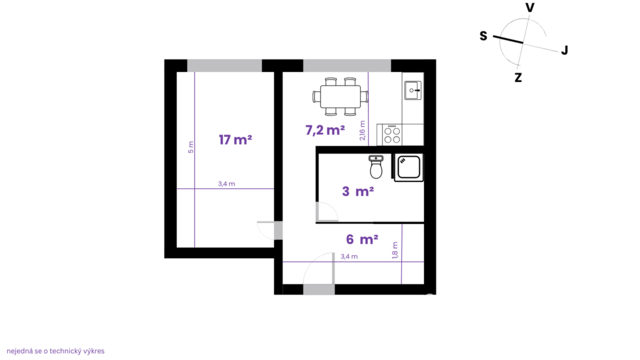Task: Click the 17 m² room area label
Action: pyautogui.click(x=235, y=140)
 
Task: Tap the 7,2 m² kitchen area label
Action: pyautogui.click(x=325, y=130)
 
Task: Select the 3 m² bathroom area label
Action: pyautogui.click(x=358, y=191)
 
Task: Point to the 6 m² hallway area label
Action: pyautogui.click(x=362, y=239)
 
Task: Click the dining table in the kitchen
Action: pyautogui.click(x=340, y=97)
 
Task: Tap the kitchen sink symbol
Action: pyautogui.click(x=413, y=90)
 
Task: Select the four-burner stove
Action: pyautogui.click(x=392, y=136)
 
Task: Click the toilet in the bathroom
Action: pyautogui.click(x=376, y=167)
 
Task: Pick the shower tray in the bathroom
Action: pyautogui.click(x=409, y=167)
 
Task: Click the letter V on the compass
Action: pyautogui.click(x=530, y=8)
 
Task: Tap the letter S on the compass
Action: pyautogui.click(x=483, y=36)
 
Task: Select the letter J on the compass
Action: pyautogui.click(x=564, y=51)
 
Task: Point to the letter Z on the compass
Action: pyautogui.click(x=518, y=78)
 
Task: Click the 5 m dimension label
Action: pyautogui.click(x=191, y=147)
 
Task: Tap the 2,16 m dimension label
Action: pyautogui.click(x=362, y=131)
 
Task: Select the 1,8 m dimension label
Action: pyautogui.click(x=395, y=250)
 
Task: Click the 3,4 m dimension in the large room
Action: pyautogui.click(x=227, y=184)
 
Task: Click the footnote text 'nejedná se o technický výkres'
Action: pyautogui.click(x=56, y=351)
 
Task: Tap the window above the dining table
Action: pyautogui.click(x=347, y=66)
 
